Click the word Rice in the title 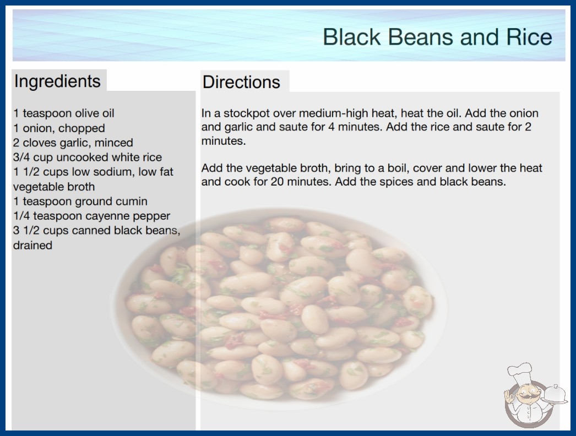[x=529, y=37]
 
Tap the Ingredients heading [x=57, y=81]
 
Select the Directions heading [x=241, y=82]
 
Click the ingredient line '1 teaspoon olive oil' [x=64, y=113]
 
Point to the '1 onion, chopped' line [x=59, y=128]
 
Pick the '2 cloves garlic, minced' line [x=73, y=143]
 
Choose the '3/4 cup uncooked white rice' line [x=88, y=157]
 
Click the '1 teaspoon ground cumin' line [x=80, y=201]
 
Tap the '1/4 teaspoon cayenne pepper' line [x=92, y=216]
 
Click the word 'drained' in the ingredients [x=32, y=245]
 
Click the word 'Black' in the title [x=352, y=37]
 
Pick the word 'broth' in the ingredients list [x=80, y=187]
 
